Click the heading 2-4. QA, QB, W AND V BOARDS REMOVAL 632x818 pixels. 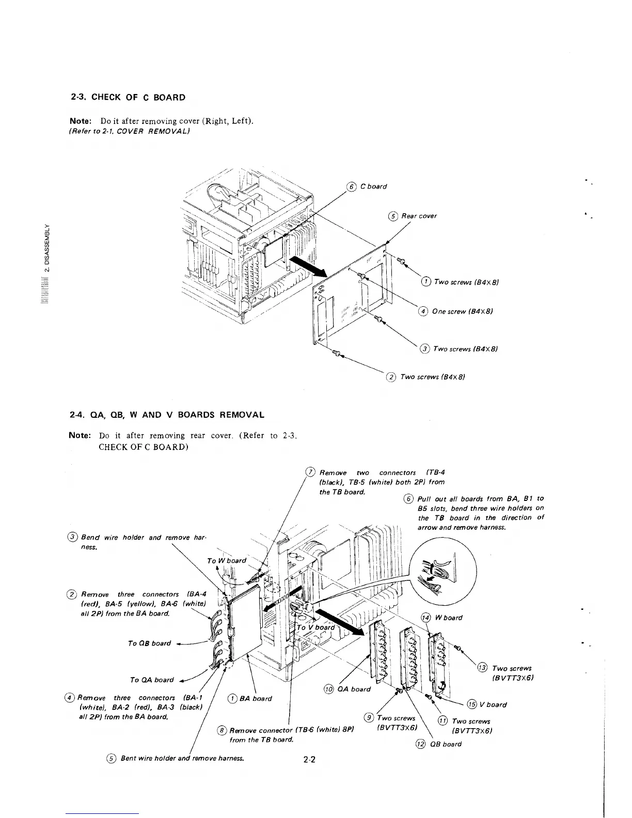click(x=167, y=415)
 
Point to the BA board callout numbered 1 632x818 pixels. click(x=255, y=699)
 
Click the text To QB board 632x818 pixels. click(x=149, y=643)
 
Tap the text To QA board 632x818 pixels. click(x=152, y=680)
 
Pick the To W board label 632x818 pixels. click(x=226, y=561)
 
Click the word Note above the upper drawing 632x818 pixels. click(x=81, y=121)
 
